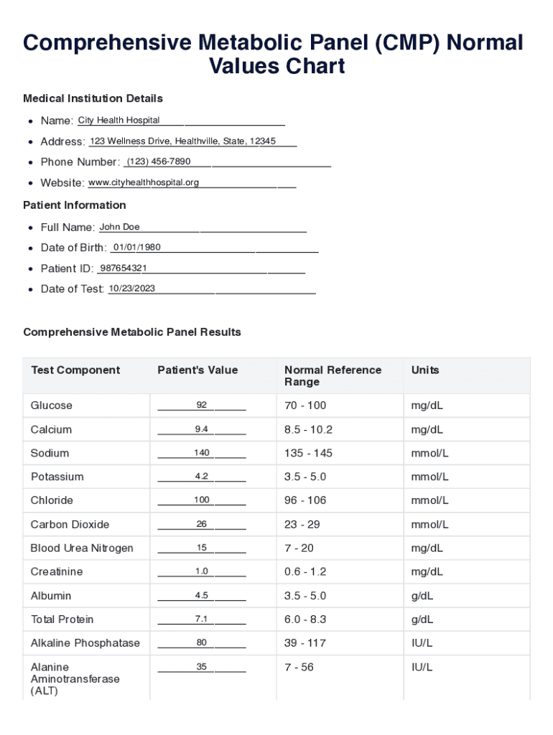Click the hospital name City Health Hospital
[x=118, y=120]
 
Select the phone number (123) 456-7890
[x=159, y=161]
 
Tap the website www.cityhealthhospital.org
[x=143, y=182]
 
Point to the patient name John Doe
[x=119, y=227]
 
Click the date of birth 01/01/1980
[x=137, y=247]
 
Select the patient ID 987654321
[x=124, y=268]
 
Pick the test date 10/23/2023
[x=131, y=289]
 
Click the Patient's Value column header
[x=197, y=370]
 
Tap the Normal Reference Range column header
[x=333, y=376]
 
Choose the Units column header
[x=425, y=370]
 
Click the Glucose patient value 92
[x=202, y=406]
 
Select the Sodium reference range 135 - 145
[x=308, y=453]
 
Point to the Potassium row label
[x=57, y=477]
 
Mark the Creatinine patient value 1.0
[x=202, y=572]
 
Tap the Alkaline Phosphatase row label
[x=85, y=643]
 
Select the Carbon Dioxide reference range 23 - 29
[x=305, y=525]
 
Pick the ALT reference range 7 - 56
[x=299, y=668]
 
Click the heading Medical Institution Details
[x=93, y=98]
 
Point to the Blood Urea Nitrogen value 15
[x=202, y=548]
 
